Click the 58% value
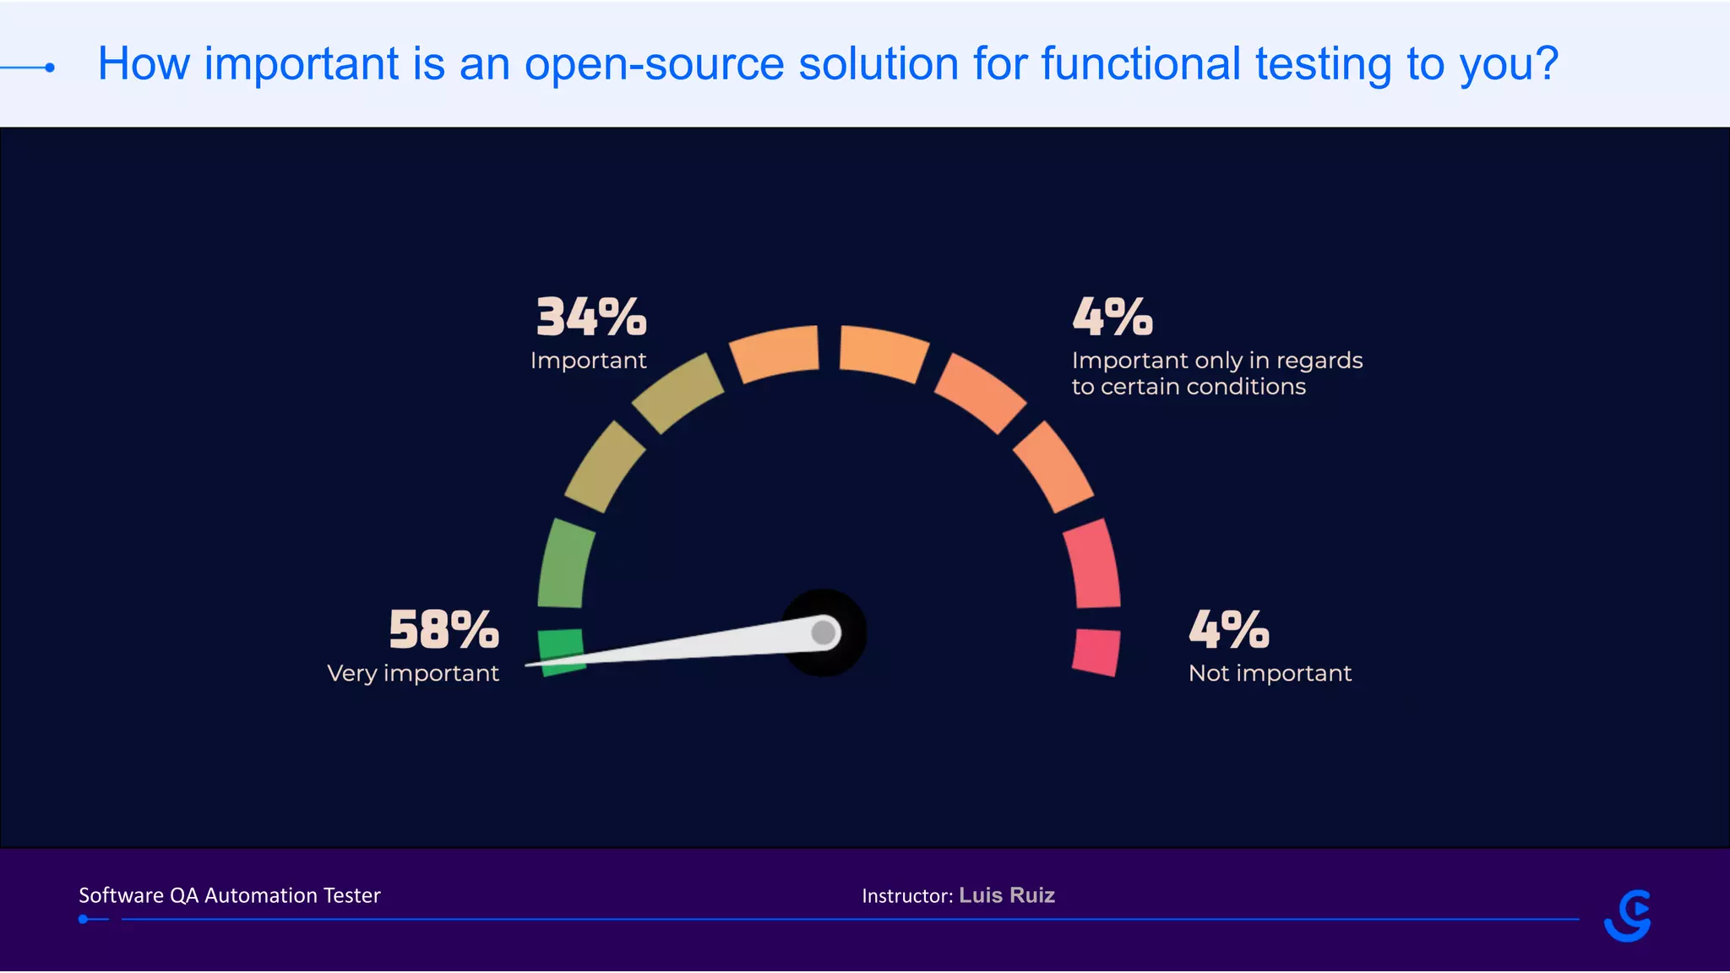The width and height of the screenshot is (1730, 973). pyautogui.click(x=443, y=630)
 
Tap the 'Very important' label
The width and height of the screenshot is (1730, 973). pyautogui.click(x=412, y=673)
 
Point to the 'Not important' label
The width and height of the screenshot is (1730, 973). pyautogui.click(x=1270, y=673)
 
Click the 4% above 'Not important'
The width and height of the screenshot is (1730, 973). pyautogui.click(x=1228, y=630)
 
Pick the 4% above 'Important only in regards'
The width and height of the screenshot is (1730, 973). pyautogui.click(x=1113, y=317)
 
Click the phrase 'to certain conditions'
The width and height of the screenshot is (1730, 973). pyautogui.click(x=1189, y=387)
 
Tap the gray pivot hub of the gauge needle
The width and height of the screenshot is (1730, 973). pyautogui.click(x=824, y=633)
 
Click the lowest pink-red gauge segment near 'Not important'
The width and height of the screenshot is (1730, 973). pyautogui.click(x=1096, y=651)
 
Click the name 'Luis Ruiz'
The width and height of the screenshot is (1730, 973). pyautogui.click(x=1007, y=895)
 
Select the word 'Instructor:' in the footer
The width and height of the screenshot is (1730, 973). pyautogui.click(x=907, y=896)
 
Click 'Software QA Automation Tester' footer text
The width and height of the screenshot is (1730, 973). pyautogui.click(x=230, y=895)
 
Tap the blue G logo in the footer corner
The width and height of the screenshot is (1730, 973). pyautogui.click(x=1628, y=916)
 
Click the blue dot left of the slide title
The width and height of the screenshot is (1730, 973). pyautogui.click(x=50, y=68)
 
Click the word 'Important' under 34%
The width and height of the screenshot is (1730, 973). pyautogui.click(x=588, y=361)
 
